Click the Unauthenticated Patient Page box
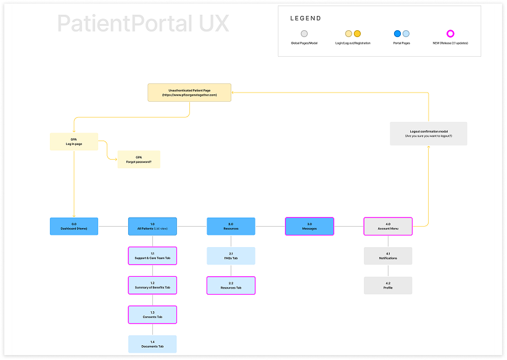click(x=189, y=92)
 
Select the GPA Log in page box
click(x=74, y=141)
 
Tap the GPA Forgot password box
click(x=139, y=160)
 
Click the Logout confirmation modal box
click(x=428, y=133)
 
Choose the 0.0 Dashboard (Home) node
click(x=74, y=226)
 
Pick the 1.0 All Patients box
click(x=152, y=226)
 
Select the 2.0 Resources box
click(x=231, y=226)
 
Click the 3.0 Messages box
click(x=309, y=226)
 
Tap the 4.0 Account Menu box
click(x=387, y=226)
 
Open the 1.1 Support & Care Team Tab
click(x=152, y=256)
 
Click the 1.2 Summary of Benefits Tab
click(x=152, y=285)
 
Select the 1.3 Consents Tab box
click(x=152, y=315)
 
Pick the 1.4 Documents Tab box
click(x=152, y=344)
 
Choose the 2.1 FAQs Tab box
click(x=231, y=256)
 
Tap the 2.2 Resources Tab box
click(x=231, y=285)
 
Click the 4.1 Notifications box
click(x=387, y=256)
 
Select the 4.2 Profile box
click(x=387, y=285)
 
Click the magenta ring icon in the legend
click(x=450, y=34)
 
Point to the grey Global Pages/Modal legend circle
click(x=304, y=34)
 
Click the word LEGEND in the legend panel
click(x=307, y=18)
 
